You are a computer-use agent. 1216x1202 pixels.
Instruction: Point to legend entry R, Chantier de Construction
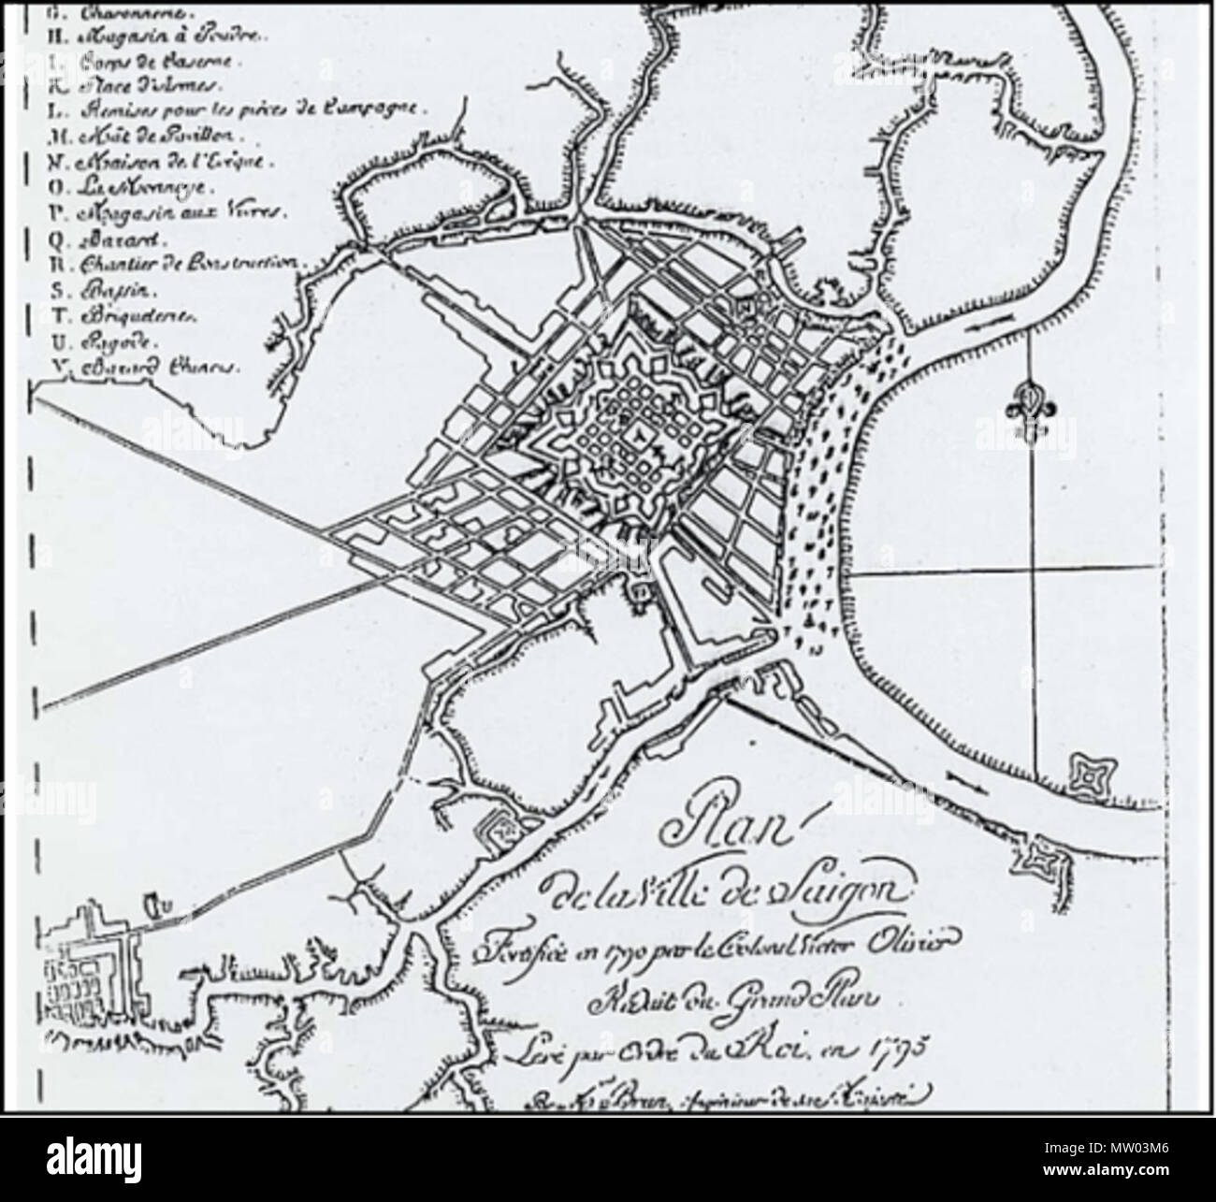pyautogui.click(x=178, y=263)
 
